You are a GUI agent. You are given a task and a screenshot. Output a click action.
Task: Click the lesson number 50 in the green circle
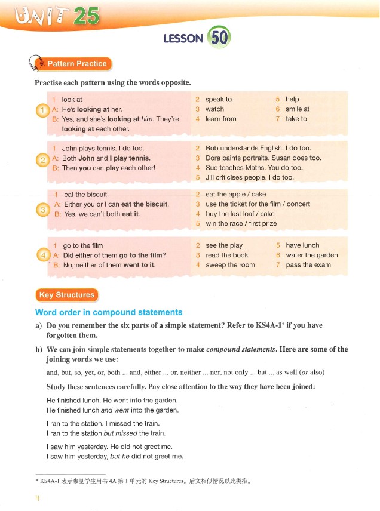pos(219,38)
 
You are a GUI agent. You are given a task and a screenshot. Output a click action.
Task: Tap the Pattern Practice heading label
pos(76,64)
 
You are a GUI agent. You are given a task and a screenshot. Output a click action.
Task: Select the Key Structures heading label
pos(66,295)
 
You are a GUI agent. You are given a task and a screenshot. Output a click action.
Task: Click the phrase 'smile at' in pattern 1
pos(298,109)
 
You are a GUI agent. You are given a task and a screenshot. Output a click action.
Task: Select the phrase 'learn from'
pos(220,119)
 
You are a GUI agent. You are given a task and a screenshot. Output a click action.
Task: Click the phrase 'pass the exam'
pos(308,265)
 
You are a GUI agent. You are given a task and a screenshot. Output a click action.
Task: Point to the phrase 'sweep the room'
pos(230,265)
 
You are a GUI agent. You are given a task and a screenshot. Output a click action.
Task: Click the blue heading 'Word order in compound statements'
pos(109,312)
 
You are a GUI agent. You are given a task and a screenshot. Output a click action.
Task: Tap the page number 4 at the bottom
pos(37,498)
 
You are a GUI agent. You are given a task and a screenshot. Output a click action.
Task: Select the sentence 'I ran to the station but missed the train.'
pos(106,433)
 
